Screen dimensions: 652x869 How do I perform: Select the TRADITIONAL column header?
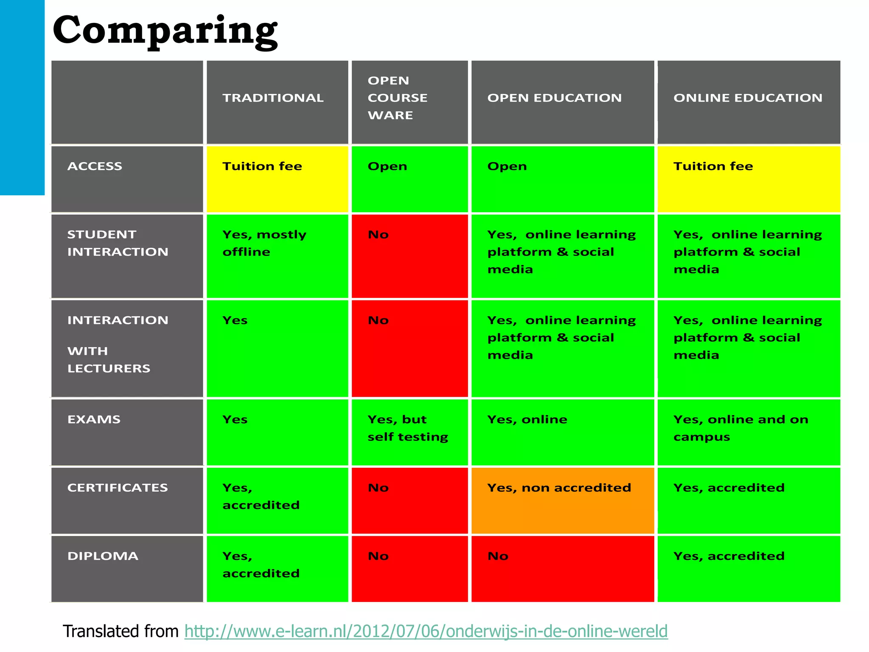(273, 98)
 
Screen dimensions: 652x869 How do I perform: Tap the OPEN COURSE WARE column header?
(397, 98)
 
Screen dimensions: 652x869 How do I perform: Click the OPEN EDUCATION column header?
(554, 98)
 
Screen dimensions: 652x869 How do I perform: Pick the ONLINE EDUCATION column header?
(748, 98)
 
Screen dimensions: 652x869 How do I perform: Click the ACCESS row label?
(95, 166)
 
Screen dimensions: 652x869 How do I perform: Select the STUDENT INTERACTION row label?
(118, 243)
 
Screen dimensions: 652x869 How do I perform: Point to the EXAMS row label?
(94, 419)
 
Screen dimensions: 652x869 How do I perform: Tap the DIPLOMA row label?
(103, 556)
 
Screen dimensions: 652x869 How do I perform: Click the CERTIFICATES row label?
(118, 488)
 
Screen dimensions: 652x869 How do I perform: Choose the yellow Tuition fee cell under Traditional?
(277, 179)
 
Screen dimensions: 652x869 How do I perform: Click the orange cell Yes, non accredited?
(562, 500)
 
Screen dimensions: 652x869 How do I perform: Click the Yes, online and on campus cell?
(748, 431)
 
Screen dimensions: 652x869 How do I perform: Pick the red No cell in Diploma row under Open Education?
(562, 568)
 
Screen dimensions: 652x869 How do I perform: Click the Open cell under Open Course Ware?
(409, 179)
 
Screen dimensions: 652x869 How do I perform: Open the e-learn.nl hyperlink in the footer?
(426, 631)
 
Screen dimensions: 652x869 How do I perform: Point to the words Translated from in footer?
(121, 631)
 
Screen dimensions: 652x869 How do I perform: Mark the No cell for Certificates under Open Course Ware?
(409, 500)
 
